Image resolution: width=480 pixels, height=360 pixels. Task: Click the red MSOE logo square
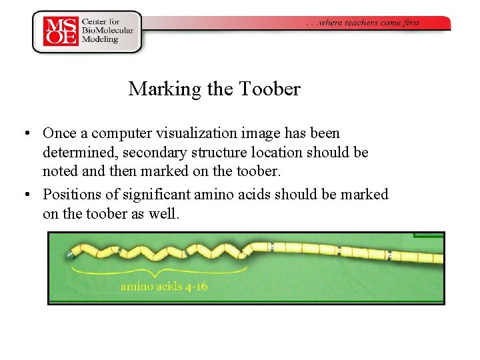(x=61, y=31)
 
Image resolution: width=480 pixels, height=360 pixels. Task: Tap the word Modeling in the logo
(x=101, y=39)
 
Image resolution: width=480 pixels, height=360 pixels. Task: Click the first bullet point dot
(x=25, y=134)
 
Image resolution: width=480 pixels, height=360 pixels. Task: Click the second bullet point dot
(x=25, y=195)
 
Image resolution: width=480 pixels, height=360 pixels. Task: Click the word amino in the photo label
(x=137, y=287)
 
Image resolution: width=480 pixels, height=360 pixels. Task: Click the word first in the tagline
(x=411, y=23)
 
